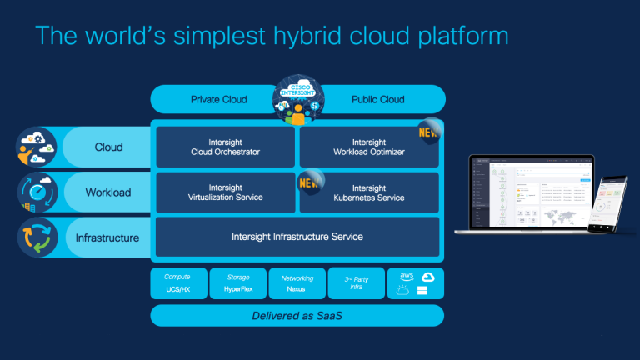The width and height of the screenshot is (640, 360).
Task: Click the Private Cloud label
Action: pyautogui.click(x=218, y=100)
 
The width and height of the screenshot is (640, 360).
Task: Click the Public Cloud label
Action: pyautogui.click(x=377, y=100)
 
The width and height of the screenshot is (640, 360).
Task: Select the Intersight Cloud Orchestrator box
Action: pyautogui.click(x=225, y=147)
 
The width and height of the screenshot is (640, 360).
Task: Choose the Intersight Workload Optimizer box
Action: pyautogui.click(x=368, y=147)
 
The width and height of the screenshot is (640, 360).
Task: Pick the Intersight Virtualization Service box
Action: pyautogui.click(x=225, y=193)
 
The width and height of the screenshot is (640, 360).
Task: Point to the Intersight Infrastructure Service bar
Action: pyautogui.click(x=297, y=237)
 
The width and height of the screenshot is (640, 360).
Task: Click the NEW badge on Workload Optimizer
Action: pyautogui.click(x=429, y=131)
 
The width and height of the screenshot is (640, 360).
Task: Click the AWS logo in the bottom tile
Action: pyautogui.click(x=407, y=277)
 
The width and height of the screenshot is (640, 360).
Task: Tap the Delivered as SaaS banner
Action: pyautogui.click(x=297, y=316)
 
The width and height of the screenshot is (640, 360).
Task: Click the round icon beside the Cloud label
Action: pyautogui.click(x=37, y=147)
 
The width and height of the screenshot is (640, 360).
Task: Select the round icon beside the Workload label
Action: pyautogui.click(x=37, y=192)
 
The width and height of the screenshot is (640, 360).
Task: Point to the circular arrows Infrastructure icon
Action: pyautogui.click(x=37, y=237)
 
